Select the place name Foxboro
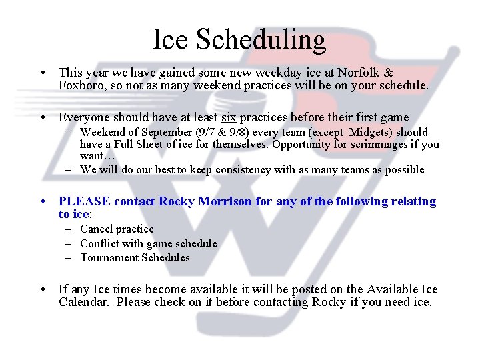[x=81, y=86]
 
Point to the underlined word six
[x=229, y=117]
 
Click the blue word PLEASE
[x=84, y=201]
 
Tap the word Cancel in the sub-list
[x=96, y=229]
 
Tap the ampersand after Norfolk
[x=389, y=72]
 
